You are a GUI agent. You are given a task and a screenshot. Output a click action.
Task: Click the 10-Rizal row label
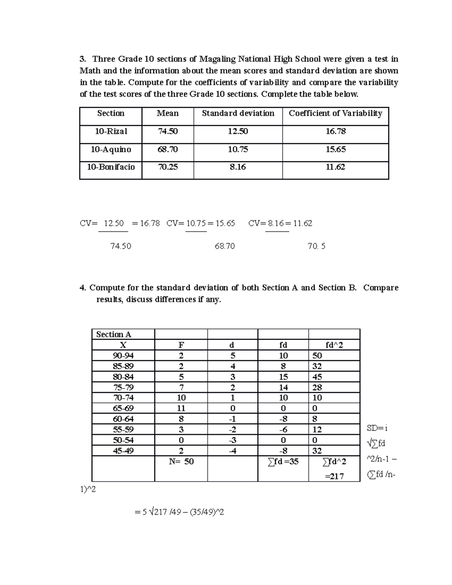[111, 131]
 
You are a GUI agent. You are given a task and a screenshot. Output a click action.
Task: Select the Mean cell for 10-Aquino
[168, 150]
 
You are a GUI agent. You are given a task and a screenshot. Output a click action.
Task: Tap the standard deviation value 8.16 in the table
[238, 167]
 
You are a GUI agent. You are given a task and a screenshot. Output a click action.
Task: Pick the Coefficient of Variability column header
[335, 113]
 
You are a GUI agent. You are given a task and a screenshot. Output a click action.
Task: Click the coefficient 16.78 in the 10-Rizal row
[335, 131]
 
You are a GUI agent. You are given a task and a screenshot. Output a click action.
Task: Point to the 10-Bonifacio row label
[111, 167]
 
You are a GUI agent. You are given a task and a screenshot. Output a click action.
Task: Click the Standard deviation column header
[238, 113]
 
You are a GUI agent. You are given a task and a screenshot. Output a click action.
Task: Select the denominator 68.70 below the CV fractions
[224, 246]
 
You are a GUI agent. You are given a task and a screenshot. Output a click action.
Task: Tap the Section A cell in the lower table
[114, 335]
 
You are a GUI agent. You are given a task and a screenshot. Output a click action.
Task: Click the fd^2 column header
[334, 345]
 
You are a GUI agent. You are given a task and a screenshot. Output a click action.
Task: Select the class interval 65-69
[123, 408]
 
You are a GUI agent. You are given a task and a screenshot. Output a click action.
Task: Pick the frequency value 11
[181, 408]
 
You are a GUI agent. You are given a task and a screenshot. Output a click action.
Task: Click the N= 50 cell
[181, 461]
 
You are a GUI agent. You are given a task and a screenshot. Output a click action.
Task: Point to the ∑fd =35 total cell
[283, 461]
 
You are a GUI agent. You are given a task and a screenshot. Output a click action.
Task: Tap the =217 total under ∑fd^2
[334, 477]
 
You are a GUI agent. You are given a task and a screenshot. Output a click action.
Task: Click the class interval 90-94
[123, 356]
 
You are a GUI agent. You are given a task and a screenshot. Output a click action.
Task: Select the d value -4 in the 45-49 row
[232, 451]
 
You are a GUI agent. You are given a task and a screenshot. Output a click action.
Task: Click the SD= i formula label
[377, 428]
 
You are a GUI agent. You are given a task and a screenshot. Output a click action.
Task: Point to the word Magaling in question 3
[217, 59]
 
